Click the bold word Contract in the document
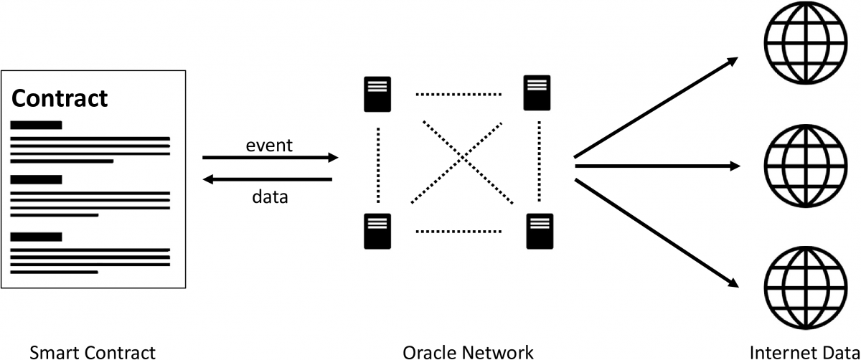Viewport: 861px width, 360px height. coord(60,98)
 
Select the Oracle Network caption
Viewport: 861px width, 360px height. coord(468,351)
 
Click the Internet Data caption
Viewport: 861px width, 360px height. coord(804,351)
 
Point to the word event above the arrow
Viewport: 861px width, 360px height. coord(269,145)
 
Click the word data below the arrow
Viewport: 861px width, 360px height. coord(270,196)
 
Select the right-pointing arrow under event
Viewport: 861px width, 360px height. coord(270,157)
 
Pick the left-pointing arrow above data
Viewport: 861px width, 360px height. coord(270,179)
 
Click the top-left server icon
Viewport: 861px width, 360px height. coord(377,94)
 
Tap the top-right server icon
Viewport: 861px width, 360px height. coord(537,93)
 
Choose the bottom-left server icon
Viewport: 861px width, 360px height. coord(377,231)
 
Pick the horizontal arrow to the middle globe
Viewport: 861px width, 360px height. coord(657,166)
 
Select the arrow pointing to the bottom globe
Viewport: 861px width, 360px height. coord(656,232)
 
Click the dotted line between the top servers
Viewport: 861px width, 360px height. coord(458,94)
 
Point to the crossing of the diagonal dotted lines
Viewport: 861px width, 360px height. coord(464,161)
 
